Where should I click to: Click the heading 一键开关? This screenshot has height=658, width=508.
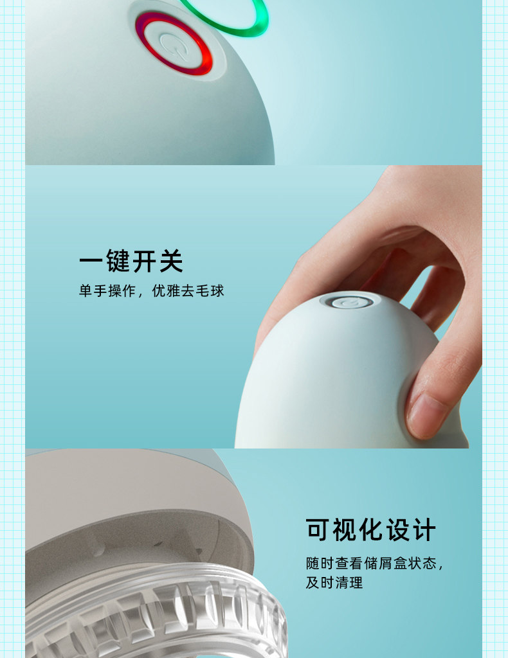tap(131, 262)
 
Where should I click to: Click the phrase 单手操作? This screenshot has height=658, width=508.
tap(107, 290)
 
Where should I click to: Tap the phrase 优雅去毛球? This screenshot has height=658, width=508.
tap(188, 290)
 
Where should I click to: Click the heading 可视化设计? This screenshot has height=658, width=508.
tap(371, 530)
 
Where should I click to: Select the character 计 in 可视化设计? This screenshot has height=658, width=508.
tap(424, 530)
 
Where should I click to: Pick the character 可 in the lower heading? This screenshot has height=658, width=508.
tap(318, 530)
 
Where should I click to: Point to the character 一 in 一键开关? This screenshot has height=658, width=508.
tap(91, 262)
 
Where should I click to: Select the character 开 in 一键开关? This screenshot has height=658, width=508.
tap(145, 262)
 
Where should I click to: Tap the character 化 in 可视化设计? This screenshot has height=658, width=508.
tap(371, 530)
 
